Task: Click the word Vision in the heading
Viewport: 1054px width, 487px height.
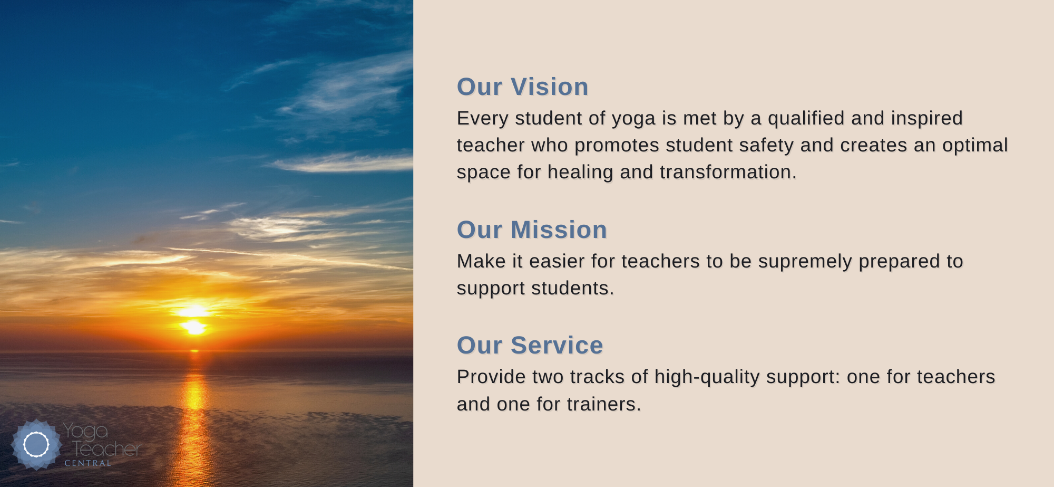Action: point(550,87)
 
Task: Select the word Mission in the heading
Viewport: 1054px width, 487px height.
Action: point(559,230)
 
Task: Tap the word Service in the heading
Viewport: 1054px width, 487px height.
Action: point(557,346)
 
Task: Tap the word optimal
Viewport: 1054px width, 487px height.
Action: point(975,146)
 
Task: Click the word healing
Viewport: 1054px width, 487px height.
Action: point(580,173)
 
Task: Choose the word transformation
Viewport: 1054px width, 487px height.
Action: point(725,172)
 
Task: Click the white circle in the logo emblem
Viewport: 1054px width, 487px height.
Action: point(36,444)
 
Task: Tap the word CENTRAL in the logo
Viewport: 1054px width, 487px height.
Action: point(87,463)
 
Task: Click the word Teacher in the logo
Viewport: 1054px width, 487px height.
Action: point(107,448)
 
